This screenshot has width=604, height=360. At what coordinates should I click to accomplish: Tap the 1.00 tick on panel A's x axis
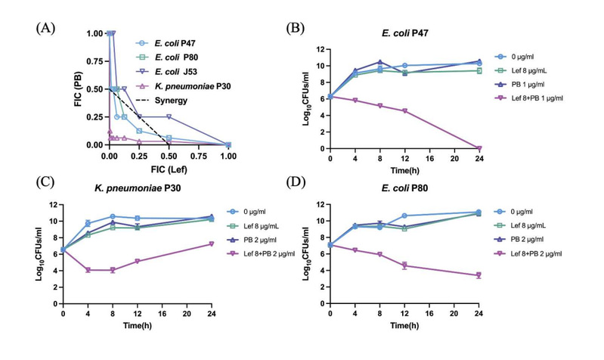[228, 155]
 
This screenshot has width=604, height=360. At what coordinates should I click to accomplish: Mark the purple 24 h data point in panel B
[479, 148]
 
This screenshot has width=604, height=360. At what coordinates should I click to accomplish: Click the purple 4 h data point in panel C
[88, 270]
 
